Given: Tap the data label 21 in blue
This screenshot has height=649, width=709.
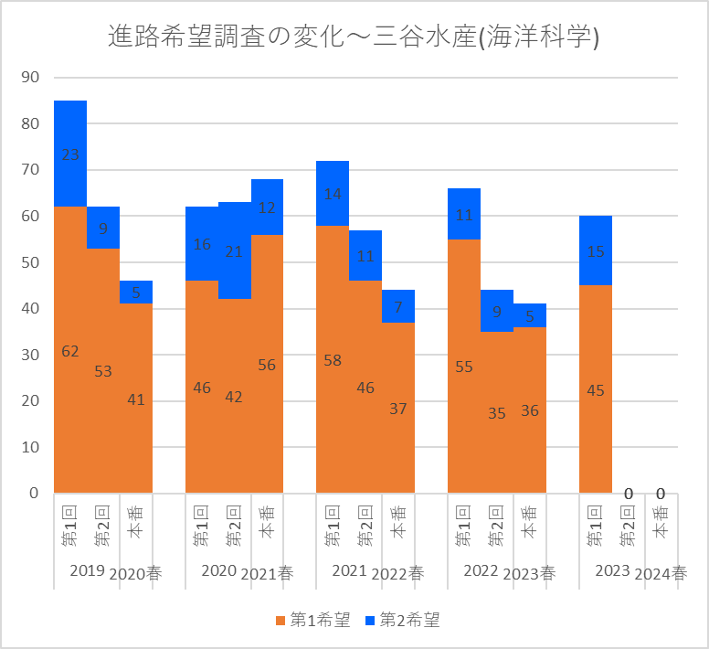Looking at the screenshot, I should pyautogui.click(x=235, y=251).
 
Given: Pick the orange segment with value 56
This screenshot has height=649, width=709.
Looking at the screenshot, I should pyautogui.click(x=267, y=366).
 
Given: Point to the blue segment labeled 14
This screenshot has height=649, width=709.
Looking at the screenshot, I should pyautogui.click(x=333, y=194).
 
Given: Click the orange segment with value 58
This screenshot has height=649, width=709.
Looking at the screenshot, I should pyautogui.click(x=333, y=359).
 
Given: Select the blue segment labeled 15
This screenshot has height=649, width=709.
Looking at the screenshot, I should pyautogui.click(x=596, y=251).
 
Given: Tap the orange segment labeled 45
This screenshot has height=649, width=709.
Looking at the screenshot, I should pyautogui.click(x=596, y=390).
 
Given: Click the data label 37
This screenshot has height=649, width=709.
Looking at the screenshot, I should pyautogui.click(x=398, y=409).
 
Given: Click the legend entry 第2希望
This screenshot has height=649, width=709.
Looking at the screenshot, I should pyautogui.click(x=402, y=621).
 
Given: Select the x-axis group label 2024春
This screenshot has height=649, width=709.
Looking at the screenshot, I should pyautogui.click(x=661, y=574).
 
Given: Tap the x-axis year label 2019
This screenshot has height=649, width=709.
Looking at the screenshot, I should pyautogui.click(x=87, y=570).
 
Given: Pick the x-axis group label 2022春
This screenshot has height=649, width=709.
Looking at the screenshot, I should pyautogui.click(x=398, y=574).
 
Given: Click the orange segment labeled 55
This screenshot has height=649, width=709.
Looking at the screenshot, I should pyautogui.click(x=464, y=366).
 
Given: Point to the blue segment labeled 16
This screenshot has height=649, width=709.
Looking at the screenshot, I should pyautogui.click(x=202, y=244).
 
